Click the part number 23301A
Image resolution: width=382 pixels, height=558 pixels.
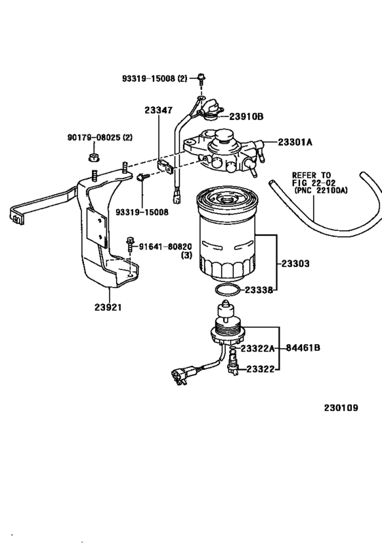pos(295,142)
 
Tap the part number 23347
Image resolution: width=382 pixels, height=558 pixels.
pos(158,110)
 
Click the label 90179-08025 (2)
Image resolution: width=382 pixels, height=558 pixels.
pos(100,138)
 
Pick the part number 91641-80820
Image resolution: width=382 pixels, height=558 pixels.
pos(166,246)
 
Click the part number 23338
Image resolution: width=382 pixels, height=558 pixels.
pos(260,290)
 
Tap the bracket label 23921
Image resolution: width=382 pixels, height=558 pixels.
pos(108,307)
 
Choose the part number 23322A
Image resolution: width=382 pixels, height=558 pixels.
pos(260,348)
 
